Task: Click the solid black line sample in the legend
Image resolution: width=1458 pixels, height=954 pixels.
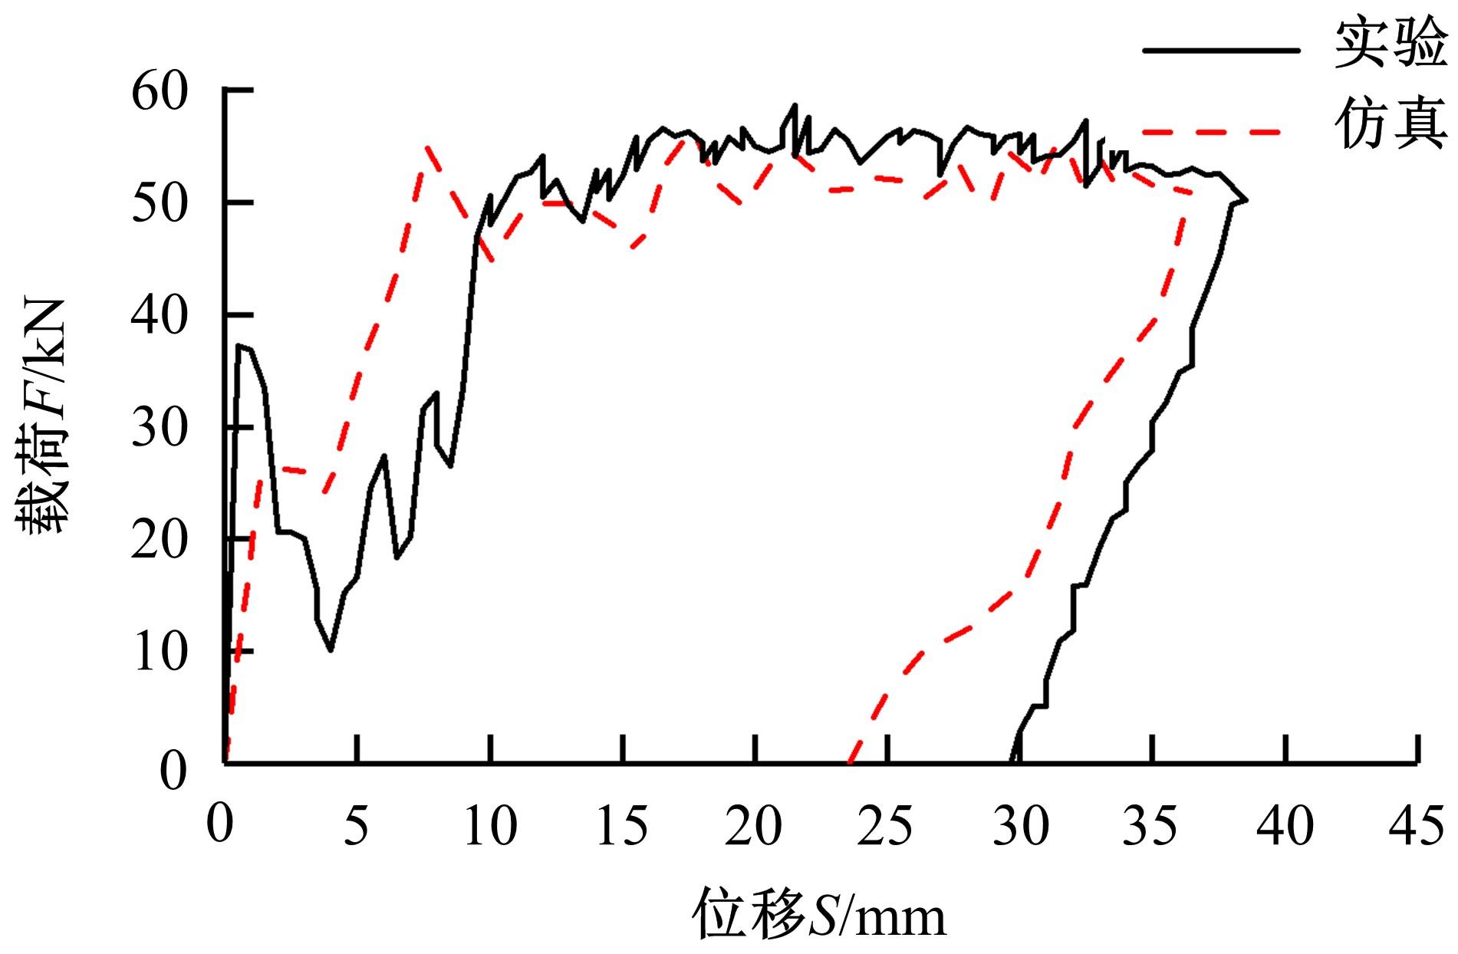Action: click(1221, 51)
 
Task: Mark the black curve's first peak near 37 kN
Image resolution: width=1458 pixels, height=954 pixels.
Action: click(239, 345)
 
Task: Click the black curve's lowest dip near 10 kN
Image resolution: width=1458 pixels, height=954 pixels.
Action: click(330, 650)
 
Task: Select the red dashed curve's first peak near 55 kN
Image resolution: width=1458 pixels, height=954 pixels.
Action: click(426, 145)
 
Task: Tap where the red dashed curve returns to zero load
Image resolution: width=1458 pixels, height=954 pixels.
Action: click(849, 762)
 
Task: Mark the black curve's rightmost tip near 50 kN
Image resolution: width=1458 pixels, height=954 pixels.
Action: click(1246, 200)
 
